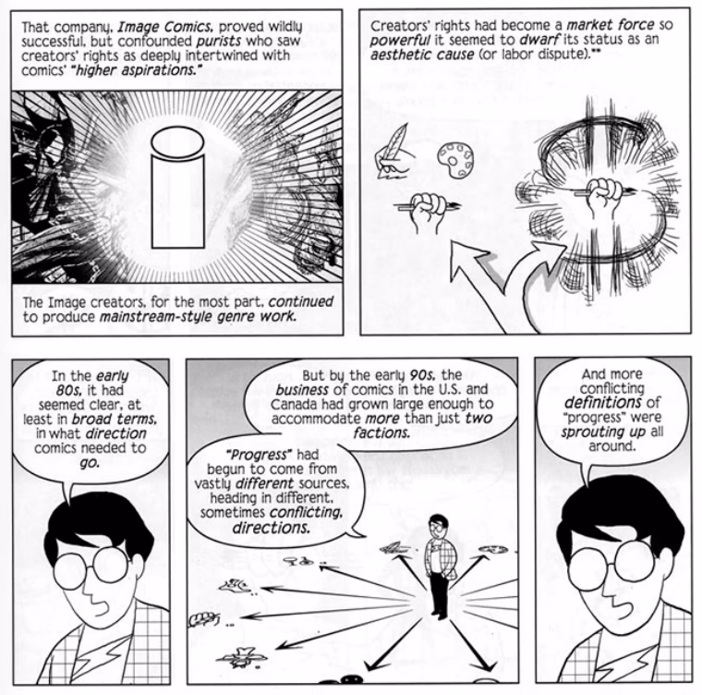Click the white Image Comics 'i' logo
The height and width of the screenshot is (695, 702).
[x=177, y=189]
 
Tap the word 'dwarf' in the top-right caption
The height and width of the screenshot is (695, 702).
[x=539, y=40]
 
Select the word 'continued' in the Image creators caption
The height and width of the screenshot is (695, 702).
[x=301, y=301]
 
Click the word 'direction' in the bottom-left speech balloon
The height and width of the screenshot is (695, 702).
[x=115, y=433]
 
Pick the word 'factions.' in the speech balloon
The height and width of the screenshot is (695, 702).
[x=381, y=433]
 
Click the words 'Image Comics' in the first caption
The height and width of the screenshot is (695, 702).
[x=164, y=27]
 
